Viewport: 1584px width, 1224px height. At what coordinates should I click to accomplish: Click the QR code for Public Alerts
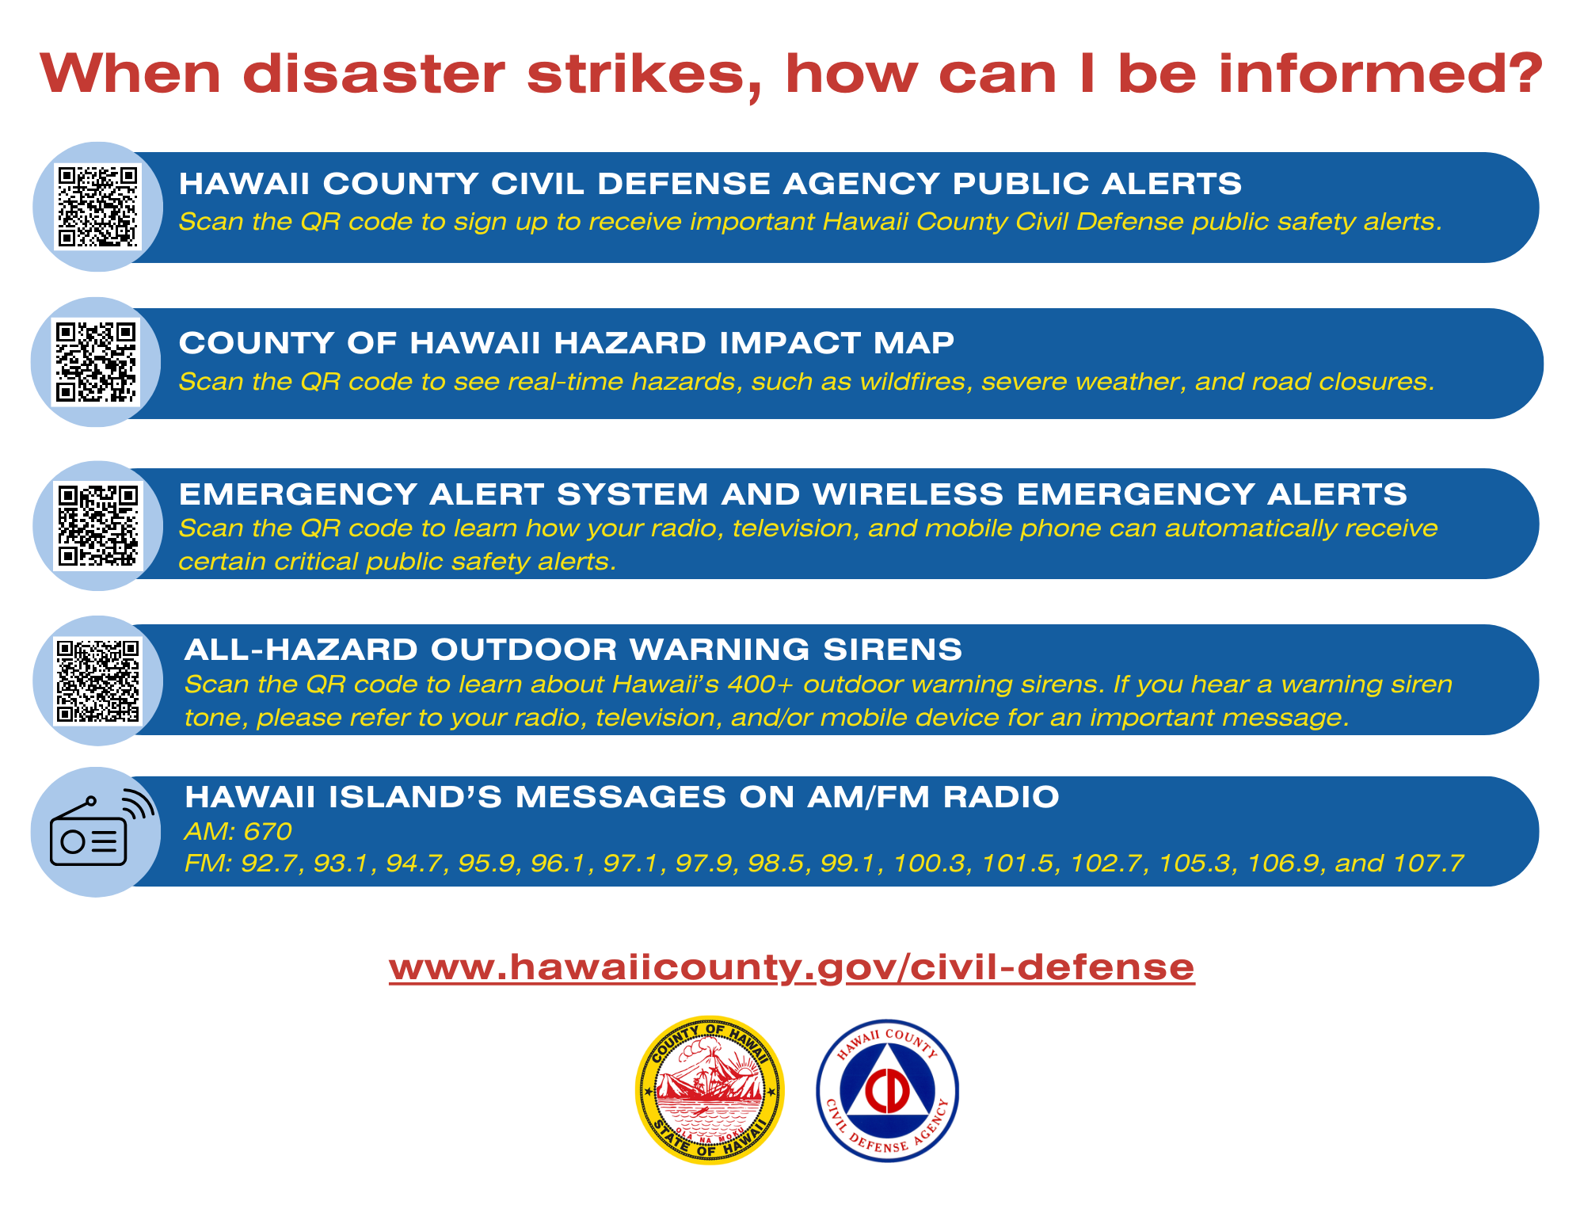[98, 207]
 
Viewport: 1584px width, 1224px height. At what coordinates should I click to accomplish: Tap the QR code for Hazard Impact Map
[96, 362]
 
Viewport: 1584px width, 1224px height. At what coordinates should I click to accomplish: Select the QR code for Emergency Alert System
[98, 526]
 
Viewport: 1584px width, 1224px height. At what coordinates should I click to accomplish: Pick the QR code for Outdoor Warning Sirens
[98, 681]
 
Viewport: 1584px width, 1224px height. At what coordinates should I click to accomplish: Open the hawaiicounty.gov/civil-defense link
[791, 967]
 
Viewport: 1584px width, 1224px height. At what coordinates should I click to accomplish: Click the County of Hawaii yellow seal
[709, 1090]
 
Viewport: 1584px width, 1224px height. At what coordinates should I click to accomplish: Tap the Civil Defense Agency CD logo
[887, 1091]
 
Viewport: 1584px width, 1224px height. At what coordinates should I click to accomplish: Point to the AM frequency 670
[268, 831]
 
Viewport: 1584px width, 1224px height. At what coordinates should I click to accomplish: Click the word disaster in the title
[373, 74]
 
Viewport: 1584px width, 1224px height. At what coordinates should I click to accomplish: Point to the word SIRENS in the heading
[893, 650]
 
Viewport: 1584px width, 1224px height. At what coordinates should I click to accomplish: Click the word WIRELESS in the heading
[908, 494]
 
